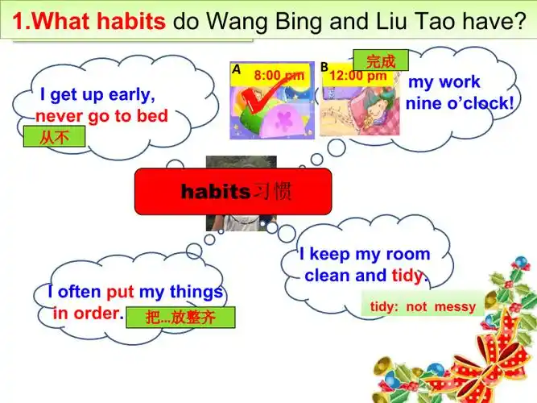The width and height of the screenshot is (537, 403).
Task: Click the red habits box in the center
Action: coord(233,191)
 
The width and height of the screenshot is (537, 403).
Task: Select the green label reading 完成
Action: coord(380,60)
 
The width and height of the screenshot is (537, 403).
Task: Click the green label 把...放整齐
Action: coord(181,317)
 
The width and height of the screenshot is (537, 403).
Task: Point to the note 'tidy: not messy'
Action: coord(423,306)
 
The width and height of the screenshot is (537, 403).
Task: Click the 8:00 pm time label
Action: coord(279,76)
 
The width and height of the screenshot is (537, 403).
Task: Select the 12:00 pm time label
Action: coord(358,76)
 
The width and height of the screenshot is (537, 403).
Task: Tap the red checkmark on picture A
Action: coord(262,103)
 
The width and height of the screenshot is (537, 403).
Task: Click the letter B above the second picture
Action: coord(324,68)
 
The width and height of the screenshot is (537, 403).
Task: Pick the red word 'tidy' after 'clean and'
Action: coord(407,276)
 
